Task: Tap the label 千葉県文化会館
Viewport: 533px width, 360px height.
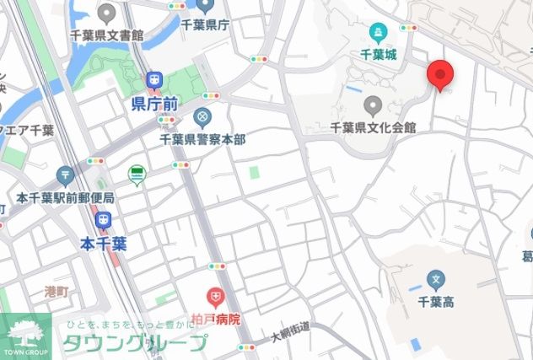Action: [x=374, y=127]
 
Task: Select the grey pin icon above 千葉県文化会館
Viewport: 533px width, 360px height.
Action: [x=373, y=106]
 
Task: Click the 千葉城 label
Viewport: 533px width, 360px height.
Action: [x=378, y=54]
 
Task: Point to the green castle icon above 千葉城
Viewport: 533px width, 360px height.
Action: [x=378, y=34]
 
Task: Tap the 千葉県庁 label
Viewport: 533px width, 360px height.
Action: [x=205, y=26]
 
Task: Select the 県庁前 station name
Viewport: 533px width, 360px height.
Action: [x=154, y=104]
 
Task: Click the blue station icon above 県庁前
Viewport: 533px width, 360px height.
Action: [x=153, y=80]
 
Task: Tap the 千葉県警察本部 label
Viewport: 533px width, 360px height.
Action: [x=202, y=138]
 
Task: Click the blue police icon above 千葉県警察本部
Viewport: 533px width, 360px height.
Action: [x=202, y=116]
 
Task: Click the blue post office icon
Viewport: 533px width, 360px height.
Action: [x=66, y=175]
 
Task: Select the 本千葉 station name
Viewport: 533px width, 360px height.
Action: [x=104, y=244]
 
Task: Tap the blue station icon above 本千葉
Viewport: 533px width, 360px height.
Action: [x=104, y=221]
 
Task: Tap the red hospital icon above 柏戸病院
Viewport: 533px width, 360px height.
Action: [x=216, y=297]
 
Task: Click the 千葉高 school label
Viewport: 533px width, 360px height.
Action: [x=436, y=299]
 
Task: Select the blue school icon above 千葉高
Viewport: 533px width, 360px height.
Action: [x=436, y=278]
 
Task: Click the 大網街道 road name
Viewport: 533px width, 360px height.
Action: [x=290, y=332]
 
